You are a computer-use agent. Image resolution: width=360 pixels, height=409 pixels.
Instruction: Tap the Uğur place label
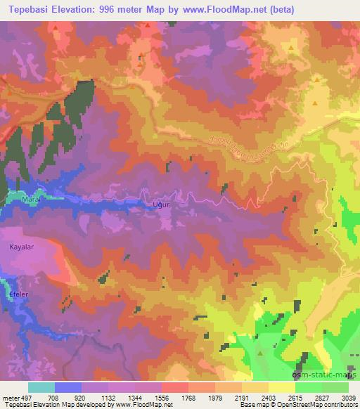(x=162, y=204)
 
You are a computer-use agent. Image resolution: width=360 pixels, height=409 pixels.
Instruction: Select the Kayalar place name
(x=21, y=247)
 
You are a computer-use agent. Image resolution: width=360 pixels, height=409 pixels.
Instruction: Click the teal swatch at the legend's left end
(x=41, y=387)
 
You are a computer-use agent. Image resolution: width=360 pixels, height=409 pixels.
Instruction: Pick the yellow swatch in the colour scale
(x=281, y=387)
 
